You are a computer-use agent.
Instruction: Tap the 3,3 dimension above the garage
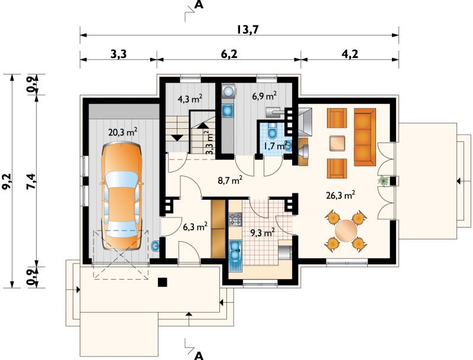point(119,54)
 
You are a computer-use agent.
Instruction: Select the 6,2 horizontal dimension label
point(229,54)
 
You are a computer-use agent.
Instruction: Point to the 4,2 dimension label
point(350,54)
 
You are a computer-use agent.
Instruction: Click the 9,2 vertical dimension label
point(7,181)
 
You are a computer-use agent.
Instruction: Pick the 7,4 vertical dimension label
point(31,181)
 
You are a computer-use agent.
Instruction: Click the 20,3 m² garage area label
point(123,132)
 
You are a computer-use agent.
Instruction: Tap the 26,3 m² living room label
point(341,196)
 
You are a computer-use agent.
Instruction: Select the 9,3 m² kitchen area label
point(263,232)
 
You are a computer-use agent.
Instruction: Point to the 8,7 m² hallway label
point(231,180)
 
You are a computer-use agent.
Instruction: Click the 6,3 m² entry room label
point(195,226)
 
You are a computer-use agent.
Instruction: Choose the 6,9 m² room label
point(264,96)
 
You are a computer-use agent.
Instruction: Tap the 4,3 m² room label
point(189,99)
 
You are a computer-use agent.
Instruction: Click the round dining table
point(346,231)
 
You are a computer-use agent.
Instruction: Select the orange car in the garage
point(121,196)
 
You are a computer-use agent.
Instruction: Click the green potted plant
point(384,181)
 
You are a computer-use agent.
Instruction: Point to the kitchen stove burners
point(235,219)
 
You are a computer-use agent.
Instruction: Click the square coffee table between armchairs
point(337,143)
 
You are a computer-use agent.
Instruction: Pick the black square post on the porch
point(163,282)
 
